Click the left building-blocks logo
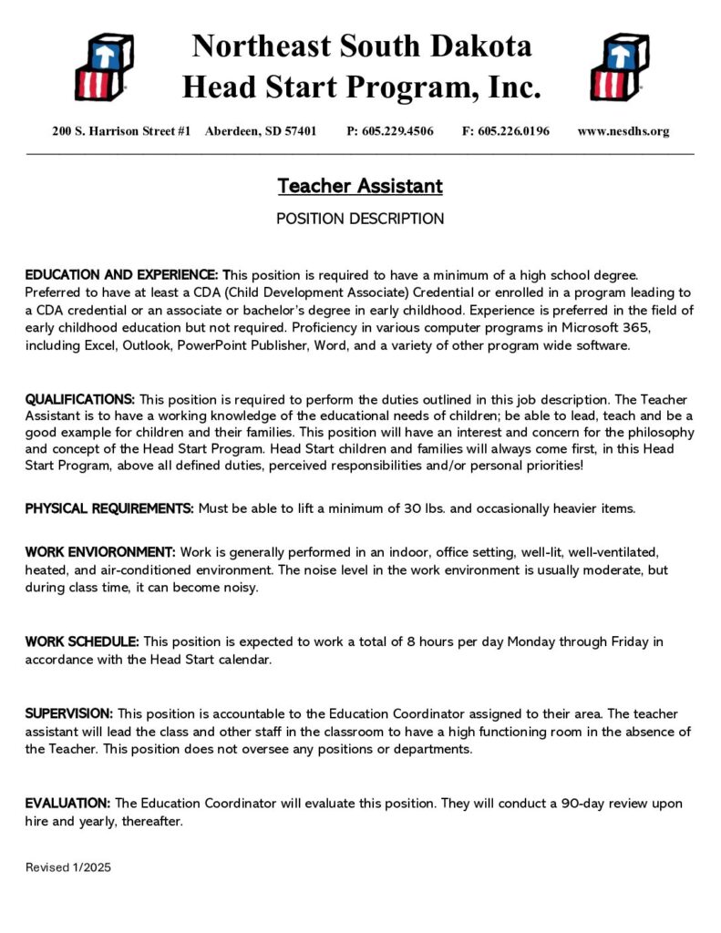103,67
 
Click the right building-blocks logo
619,67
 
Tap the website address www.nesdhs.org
623,131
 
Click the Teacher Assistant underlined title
360,187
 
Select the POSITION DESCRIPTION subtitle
360,220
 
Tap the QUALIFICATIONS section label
80,399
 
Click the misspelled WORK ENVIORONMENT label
100,552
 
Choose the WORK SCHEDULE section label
82,641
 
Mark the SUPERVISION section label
69,713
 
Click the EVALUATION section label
67,804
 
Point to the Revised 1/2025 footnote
68,868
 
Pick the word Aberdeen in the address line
232,131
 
